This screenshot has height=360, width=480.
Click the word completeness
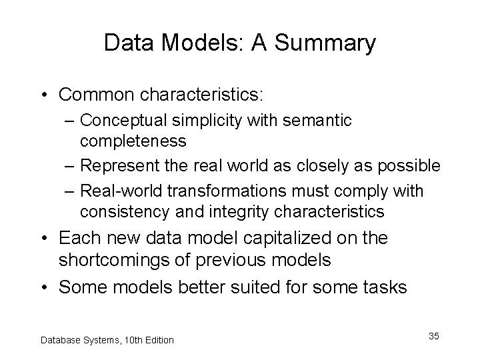click(133, 142)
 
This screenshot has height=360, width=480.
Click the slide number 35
click(433, 336)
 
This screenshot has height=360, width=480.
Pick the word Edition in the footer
click(157, 340)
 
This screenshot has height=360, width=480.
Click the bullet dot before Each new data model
click(47, 238)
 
